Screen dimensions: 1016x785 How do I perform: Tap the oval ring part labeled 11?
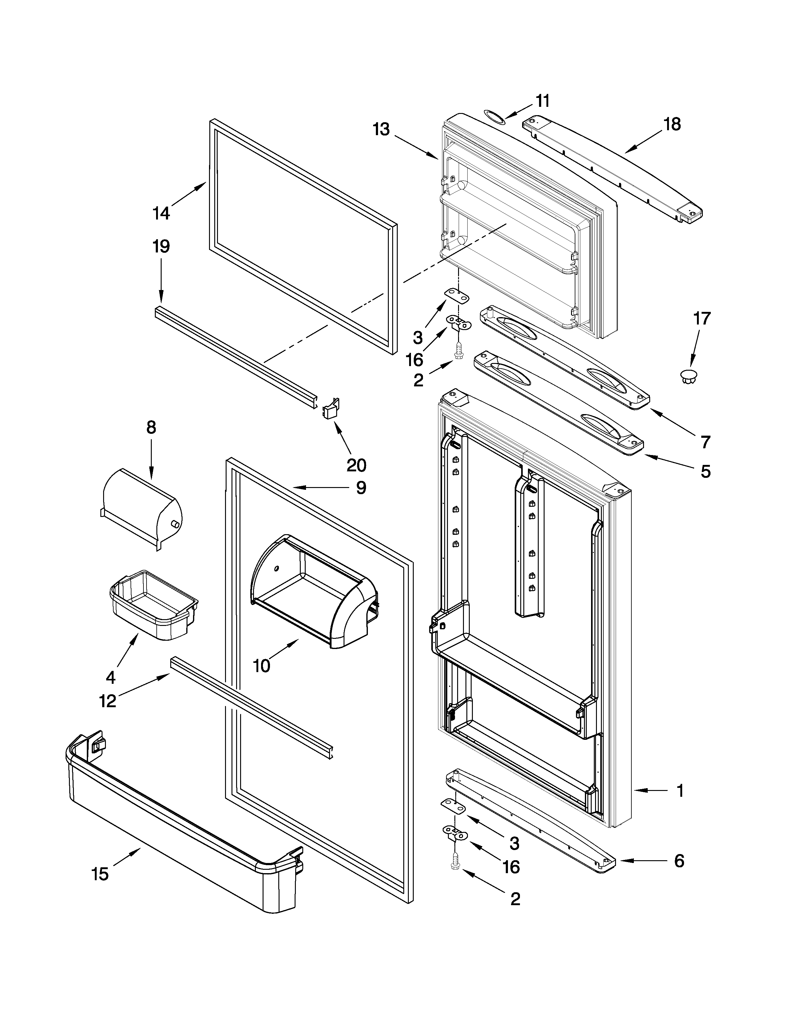coord(494,117)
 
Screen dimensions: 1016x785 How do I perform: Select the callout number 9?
coord(361,488)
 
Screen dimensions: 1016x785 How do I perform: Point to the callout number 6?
coord(679,861)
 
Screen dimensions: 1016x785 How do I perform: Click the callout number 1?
coord(680,790)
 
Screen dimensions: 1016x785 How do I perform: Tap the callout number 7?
coord(706,442)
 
